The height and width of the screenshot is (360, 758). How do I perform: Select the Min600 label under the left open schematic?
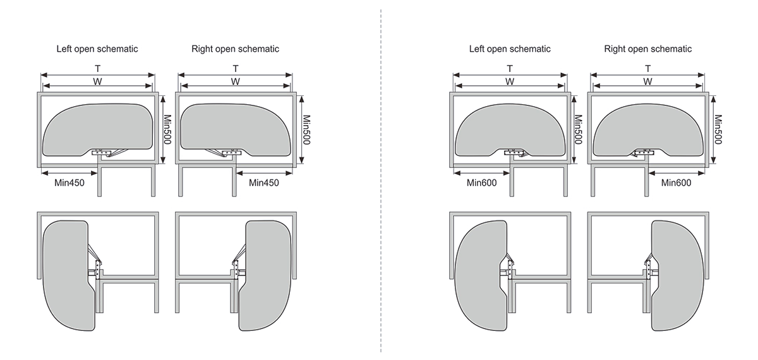[x=482, y=183]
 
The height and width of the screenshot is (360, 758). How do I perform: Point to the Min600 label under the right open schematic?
[x=676, y=183]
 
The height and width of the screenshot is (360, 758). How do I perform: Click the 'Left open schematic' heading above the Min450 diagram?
[x=97, y=49]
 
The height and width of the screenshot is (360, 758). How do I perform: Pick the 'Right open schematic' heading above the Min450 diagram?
[x=235, y=49]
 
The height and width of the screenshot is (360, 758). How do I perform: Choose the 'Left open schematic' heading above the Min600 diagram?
[x=510, y=49]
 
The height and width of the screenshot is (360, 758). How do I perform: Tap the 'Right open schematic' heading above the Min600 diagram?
[x=647, y=49]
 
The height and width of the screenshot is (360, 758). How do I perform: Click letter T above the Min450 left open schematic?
[x=97, y=68]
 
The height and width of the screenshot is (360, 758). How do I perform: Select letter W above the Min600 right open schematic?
[x=647, y=81]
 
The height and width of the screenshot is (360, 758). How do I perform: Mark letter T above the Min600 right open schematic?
[x=647, y=68]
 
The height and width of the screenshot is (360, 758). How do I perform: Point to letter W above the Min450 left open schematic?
[x=97, y=81]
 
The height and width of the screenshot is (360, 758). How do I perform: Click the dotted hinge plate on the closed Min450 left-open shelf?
[x=102, y=152]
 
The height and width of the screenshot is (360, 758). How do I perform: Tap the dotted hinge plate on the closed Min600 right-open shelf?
[x=644, y=152]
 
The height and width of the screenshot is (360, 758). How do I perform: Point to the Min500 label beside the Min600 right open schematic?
[x=718, y=129]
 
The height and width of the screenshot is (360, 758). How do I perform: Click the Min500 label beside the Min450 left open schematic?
[x=167, y=129]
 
